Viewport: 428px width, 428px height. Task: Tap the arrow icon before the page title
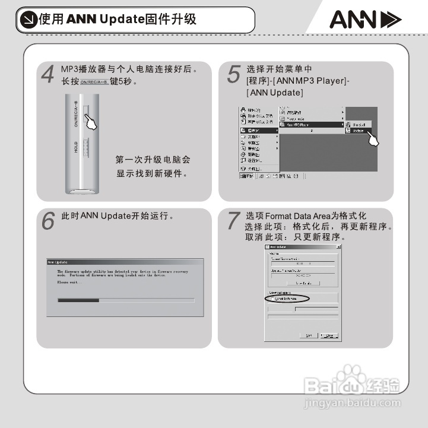[x=27, y=20]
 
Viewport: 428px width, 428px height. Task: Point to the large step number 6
[x=49, y=221]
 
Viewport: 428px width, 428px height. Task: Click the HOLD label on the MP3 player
[x=76, y=147]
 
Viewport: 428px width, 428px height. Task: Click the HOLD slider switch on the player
[x=85, y=148]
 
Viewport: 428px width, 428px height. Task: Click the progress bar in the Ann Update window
[x=125, y=300]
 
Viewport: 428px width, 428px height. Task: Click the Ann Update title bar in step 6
[x=125, y=261]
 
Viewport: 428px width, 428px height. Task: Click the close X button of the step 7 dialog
[x=338, y=246]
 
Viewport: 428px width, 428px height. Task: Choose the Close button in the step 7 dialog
[x=329, y=335]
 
